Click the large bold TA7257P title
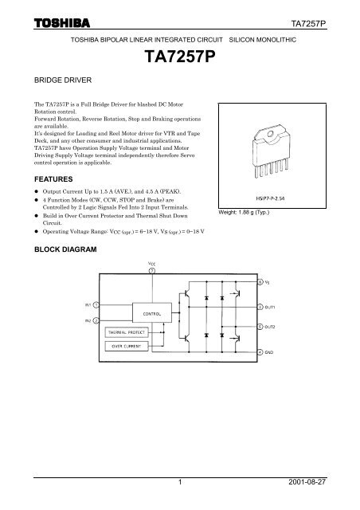[x=179, y=57]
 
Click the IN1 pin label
[x=88, y=304]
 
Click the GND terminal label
[x=273, y=352]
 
